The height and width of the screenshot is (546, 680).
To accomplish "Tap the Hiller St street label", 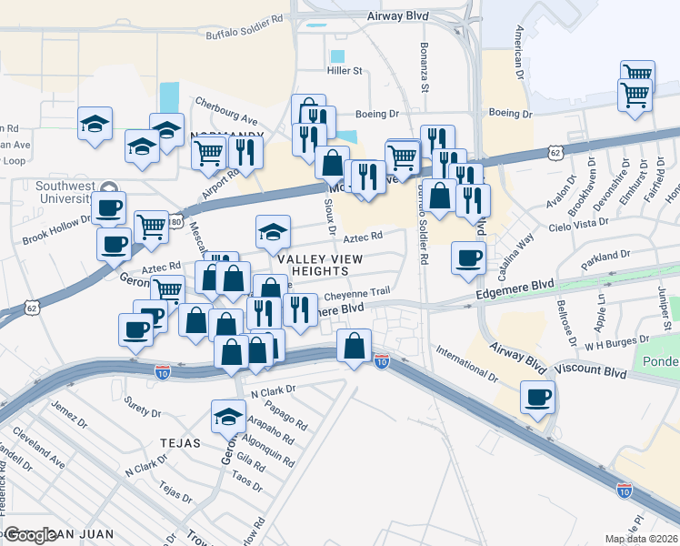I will pos(345,70).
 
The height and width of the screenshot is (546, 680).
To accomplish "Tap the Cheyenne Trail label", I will pos(357,292).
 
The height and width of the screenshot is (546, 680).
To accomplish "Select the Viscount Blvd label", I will pos(590,372).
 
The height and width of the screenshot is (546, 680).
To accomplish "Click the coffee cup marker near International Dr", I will pos(537,398).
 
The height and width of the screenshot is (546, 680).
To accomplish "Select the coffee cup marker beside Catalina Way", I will pos(468,257).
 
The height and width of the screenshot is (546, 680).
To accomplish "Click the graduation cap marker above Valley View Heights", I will pos(273,232).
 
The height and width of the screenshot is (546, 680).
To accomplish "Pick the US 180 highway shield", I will pos(175,221).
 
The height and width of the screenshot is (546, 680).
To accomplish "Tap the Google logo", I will pos(29,535).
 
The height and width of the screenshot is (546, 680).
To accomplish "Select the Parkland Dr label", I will pos(606,256).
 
